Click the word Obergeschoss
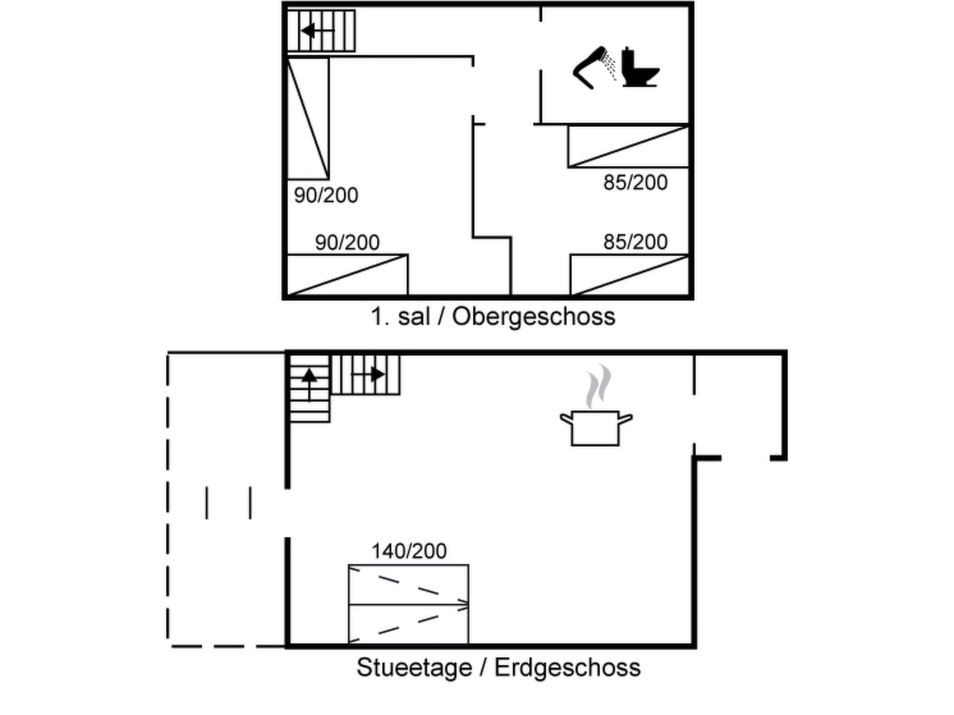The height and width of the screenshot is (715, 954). (x=533, y=317)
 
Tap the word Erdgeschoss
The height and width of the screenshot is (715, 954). (x=567, y=668)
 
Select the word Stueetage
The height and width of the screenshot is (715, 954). (x=414, y=668)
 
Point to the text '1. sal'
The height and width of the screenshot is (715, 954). (x=400, y=317)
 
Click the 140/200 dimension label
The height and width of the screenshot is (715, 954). (x=409, y=551)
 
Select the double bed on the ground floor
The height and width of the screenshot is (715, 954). (x=409, y=604)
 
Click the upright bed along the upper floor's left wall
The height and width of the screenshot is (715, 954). (x=308, y=118)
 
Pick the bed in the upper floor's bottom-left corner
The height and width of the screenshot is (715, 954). (x=347, y=275)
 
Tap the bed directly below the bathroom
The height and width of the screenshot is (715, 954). (x=628, y=146)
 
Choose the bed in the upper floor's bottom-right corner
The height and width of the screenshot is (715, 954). (x=629, y=275)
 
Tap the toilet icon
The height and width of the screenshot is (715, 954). (x=639, y=68)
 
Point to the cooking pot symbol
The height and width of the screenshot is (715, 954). (x=595, y=427)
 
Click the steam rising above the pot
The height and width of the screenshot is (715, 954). (x=598, y=386)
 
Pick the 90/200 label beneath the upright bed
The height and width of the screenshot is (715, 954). (x=326, y=196)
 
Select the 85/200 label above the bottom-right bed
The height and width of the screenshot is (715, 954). (x=635, y=242)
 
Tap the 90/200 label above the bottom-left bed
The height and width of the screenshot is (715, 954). (x=347, y=243)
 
